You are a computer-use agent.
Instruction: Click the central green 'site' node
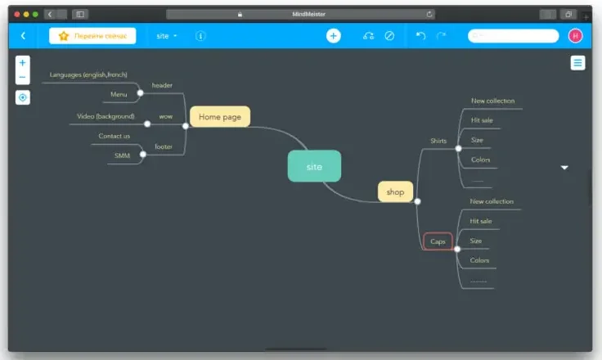314,166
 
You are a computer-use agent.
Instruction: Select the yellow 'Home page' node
220,117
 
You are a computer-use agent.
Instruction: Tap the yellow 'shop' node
395,192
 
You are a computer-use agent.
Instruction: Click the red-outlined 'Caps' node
438,241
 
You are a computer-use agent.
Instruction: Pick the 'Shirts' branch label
438,141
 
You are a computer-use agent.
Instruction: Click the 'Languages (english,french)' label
88,74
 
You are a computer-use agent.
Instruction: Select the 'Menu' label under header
119,94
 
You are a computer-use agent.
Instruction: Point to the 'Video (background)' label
106,116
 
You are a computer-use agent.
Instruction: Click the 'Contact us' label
114,136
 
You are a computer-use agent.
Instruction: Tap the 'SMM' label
122,155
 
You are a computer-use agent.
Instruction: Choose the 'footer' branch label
164,146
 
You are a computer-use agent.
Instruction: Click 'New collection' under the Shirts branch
492,101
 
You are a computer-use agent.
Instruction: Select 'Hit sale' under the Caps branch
481,221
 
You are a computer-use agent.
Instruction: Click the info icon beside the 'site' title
201,36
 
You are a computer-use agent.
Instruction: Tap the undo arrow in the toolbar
420,36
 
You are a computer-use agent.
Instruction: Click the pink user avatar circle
575,36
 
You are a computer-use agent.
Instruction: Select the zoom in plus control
22,62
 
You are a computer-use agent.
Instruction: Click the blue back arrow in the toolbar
23,36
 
